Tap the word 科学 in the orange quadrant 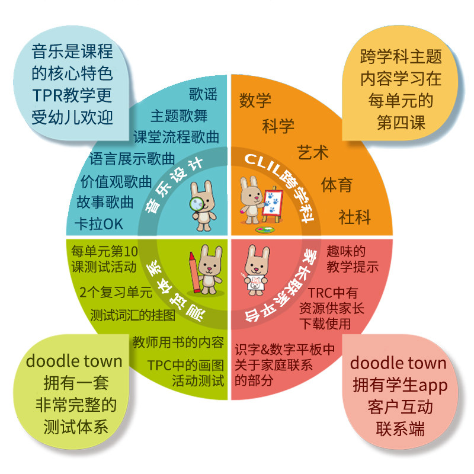(278, 126)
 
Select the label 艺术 (312, 153)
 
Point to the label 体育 (337, 185)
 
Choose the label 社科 (354, 217)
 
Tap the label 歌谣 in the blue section (203, 94)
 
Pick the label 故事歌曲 (105, 203)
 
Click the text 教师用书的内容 (178, 342)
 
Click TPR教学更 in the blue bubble (72, 95)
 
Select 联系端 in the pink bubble (400, 429)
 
